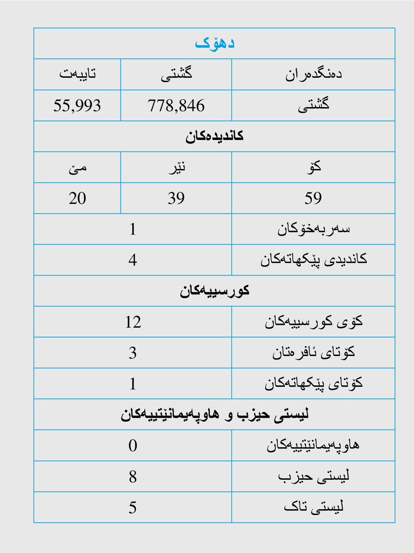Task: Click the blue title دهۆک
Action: [x=214, y=43]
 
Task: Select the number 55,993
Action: [x=77, y=106]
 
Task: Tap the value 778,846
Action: [x=176, y=106]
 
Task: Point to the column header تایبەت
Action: [x=77, y=74]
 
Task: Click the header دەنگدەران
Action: [x=313, y=74]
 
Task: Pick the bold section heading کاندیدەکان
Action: [x=214, y=136]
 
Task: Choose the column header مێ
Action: [x=77, y=168]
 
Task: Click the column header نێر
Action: [x=176, y=168]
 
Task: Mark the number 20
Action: [x=77, y=198]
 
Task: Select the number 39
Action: [x=176, y=198]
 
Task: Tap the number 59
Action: [x=313, y=198]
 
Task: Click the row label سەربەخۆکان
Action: [x=313, y=229]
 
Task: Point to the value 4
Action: [x=133, y=260]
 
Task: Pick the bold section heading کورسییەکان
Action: [x=214, y=291]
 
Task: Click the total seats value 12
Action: [x=133, y=322]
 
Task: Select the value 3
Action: [x=133, y=353]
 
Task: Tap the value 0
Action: [x=133, y=445]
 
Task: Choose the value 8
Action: [x=133, y=477]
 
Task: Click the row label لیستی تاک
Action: [x=313, y=507]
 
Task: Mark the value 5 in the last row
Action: [x=133, y=508]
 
